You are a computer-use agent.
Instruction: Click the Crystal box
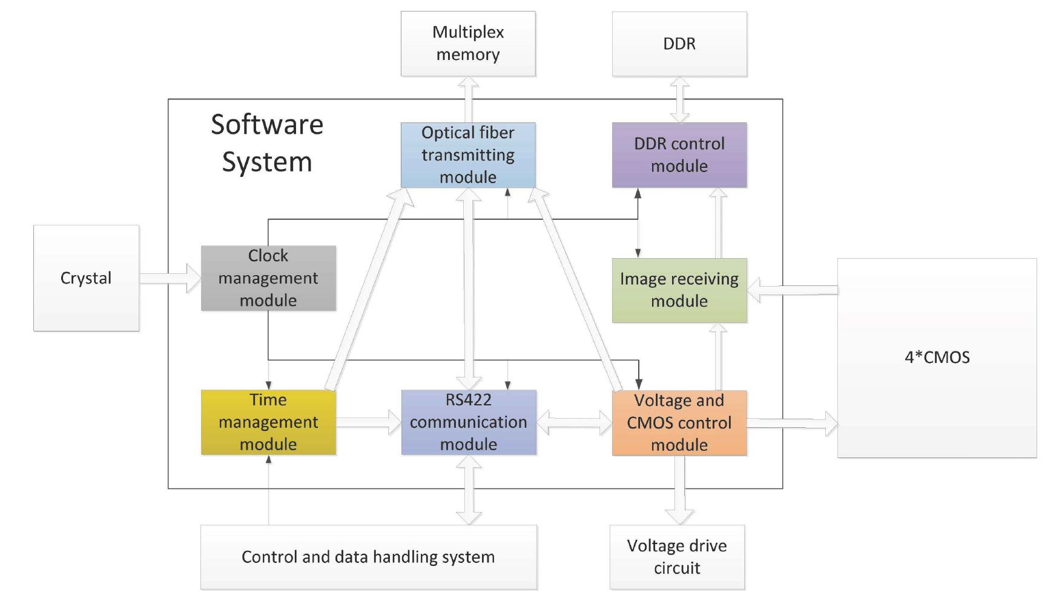click(86, 278)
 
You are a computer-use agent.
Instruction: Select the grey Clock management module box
click(268, 278)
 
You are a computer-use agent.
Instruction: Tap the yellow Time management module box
click(268, 422)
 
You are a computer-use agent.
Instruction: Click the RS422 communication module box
click(469, 422)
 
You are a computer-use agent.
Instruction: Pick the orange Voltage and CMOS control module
click(679, 423)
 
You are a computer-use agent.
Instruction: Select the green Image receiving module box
click(679, 290)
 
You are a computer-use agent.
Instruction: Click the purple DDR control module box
click(679, 155)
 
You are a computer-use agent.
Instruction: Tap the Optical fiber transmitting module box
click(468, 155)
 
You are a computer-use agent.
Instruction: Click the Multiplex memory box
click(468, 44)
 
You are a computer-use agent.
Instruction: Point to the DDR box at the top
click(679, 44)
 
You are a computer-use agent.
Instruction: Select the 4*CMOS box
click(937, 358)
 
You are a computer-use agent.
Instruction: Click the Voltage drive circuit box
click(677, 557)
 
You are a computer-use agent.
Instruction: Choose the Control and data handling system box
click(368, 557)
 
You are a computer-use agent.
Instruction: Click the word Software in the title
click(267, 125)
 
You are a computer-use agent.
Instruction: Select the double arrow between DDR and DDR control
click(679, 99)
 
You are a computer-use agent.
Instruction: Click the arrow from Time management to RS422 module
click(368, 422)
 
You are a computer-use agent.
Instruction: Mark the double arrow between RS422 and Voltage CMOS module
click(574, 422)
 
